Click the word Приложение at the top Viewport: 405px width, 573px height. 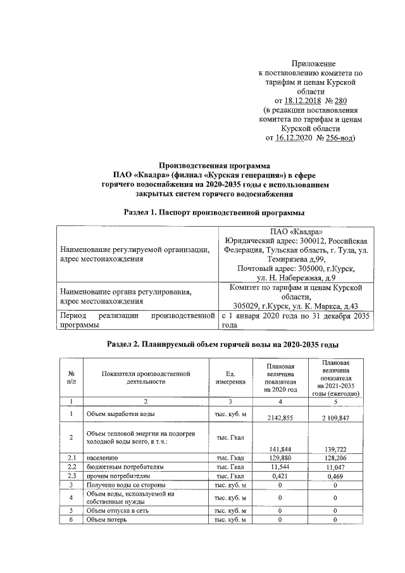[x=313, y=64]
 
